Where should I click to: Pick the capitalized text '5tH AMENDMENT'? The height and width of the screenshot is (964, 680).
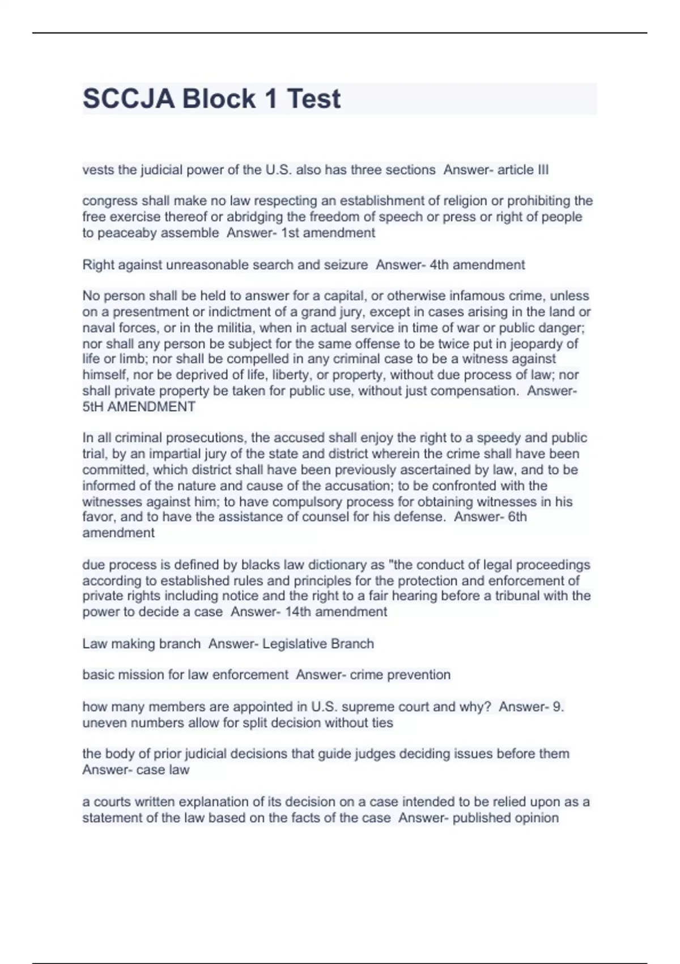pyautogui.click(x=139, y=407)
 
